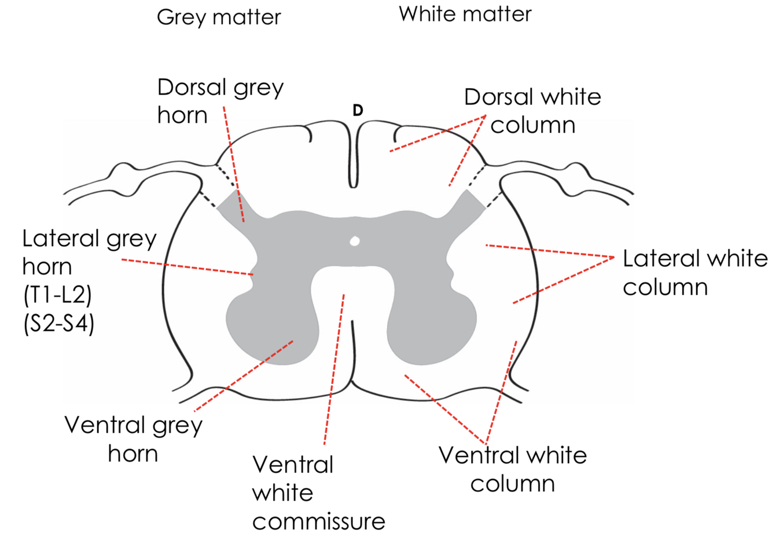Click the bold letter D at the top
[358, 110]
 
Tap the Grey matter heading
[219, 17]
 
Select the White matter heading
[465, 14]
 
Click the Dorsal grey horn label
[220, 101]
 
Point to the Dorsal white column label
[532, 111]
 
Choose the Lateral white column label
[694, 272]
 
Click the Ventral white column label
[513, 469]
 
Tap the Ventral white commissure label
[318, 492]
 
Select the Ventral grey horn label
[134, 439]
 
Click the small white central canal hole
[355, 240]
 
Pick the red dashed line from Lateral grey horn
[185, 266]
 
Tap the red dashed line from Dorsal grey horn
[234, 168]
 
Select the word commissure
[318, 521]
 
